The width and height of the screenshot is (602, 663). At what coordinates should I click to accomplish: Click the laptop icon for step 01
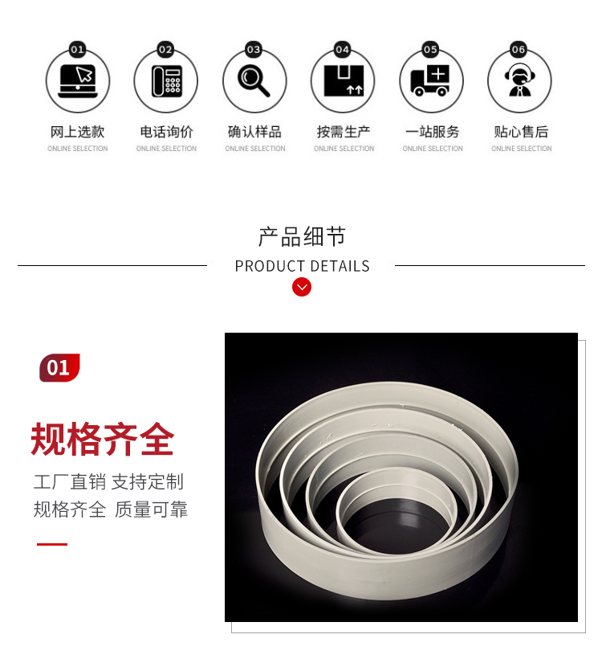[x=78, y=80]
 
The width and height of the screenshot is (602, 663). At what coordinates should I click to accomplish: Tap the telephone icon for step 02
[x=167, y=80]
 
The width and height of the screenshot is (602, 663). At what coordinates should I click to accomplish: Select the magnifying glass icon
[x=254, y=80]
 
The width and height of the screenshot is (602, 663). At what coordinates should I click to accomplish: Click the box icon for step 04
[x=344, y=80]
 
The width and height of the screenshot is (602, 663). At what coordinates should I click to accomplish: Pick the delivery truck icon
[x=430, y=80]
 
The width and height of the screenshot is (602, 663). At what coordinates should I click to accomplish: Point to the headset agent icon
[x=520, y=80]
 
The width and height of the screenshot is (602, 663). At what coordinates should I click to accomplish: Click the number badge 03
[x=254, y=50]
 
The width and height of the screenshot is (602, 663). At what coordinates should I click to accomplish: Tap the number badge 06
[x=519, y=50]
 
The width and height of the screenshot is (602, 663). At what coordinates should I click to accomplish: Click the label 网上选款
[x=77, y=132]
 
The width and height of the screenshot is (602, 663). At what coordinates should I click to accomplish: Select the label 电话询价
[x=166, y=132]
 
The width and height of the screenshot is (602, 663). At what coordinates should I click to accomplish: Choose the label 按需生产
[x=344, y=132]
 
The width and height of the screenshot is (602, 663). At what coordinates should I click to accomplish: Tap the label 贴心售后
[x=521, y=132]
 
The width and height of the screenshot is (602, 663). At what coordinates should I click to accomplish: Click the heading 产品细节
[x=302, y=236]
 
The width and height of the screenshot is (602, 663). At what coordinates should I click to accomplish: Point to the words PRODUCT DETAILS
[x=302, y=266]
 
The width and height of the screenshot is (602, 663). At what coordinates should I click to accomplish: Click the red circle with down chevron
[x=302, y=287]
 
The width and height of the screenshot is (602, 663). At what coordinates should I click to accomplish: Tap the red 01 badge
[x=59, y=368]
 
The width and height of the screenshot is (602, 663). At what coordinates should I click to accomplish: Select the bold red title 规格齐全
[x=103, y=440]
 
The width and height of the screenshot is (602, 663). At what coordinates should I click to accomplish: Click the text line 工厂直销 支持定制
[x=108, y=482]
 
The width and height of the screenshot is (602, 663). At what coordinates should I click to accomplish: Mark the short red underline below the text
[x=52, y=544]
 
